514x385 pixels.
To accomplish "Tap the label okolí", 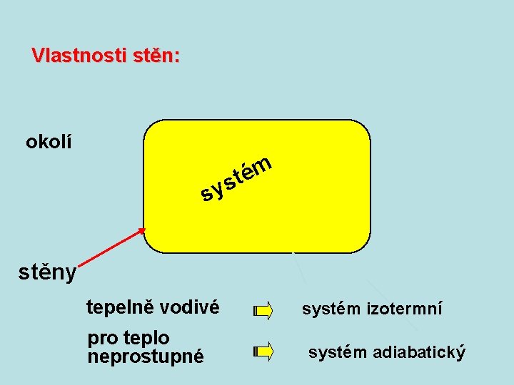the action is [49, 142].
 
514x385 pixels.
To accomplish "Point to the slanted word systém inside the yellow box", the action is [236, 178].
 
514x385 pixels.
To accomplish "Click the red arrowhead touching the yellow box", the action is [142, 231].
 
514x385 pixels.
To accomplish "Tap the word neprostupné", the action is [145, 356].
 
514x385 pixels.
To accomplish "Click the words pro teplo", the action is [128, 337].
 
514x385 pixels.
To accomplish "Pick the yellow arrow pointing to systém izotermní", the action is [263, 310].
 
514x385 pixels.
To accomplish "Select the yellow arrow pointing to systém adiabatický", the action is [263, 351].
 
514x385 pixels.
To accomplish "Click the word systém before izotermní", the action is [333, 309].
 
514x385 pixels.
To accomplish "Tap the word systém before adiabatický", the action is [338, 351].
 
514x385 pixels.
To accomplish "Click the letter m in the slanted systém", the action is [262, 164].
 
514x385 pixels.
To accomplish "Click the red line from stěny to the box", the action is [107, 250].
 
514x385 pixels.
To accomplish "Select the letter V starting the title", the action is [37, 56].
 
